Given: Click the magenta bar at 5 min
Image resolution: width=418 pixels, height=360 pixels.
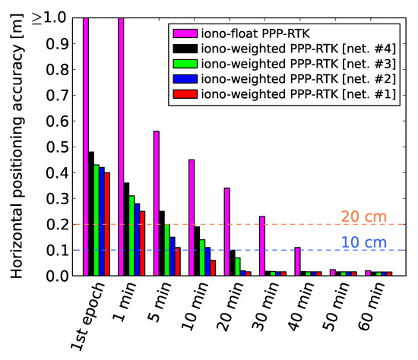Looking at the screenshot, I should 157,203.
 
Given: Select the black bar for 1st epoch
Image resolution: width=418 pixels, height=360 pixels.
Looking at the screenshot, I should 91,213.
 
